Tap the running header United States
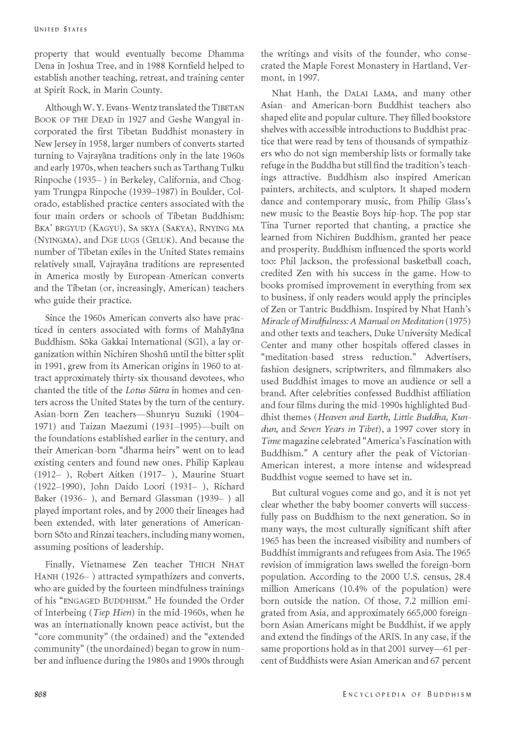60,29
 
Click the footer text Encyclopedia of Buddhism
407,694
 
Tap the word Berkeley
138,180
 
